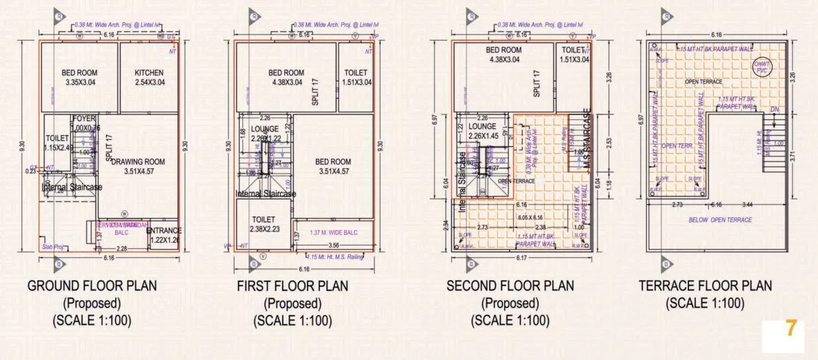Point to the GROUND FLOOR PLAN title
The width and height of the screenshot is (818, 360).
click(x=92, y=286)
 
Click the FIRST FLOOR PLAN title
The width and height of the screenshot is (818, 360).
click(x=292, y=286)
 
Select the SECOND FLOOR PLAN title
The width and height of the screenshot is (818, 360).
click(x=510, y=286)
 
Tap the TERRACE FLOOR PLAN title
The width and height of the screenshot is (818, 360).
click(x=705, y=286)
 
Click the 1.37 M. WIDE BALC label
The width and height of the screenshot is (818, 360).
click(x=334, y=232)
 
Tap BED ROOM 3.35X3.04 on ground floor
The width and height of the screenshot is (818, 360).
click(x=79, y=77)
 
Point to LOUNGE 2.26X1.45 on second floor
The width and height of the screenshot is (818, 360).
click(x=483, y=132)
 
